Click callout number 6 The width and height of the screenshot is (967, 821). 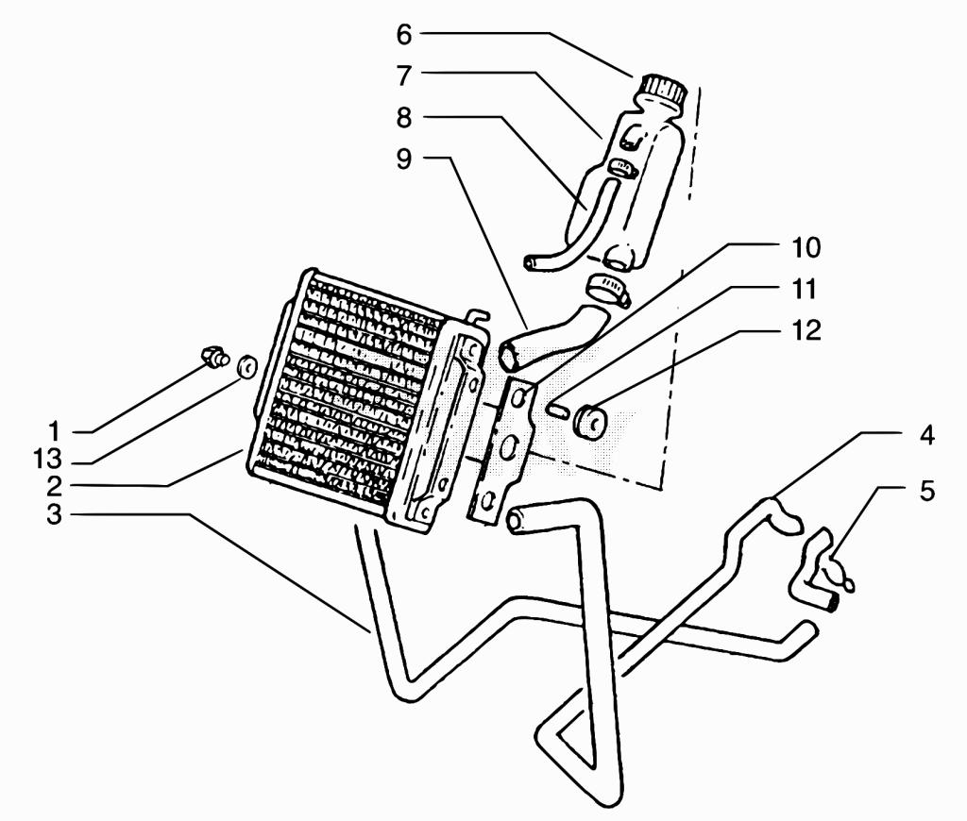404,35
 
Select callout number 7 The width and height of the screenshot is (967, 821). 404,76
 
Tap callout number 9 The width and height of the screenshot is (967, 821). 404,159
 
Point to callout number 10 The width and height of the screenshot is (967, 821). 806,248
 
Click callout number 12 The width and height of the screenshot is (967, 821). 806,331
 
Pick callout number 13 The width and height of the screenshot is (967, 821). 47,460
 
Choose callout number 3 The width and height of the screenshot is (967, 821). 54,514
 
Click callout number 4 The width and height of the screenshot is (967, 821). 927,436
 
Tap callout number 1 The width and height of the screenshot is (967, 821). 54,431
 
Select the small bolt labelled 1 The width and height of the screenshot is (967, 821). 214,357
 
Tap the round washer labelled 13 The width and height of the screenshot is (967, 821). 246,366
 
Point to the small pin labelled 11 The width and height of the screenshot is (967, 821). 555,410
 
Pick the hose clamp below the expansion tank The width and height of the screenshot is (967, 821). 607,289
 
